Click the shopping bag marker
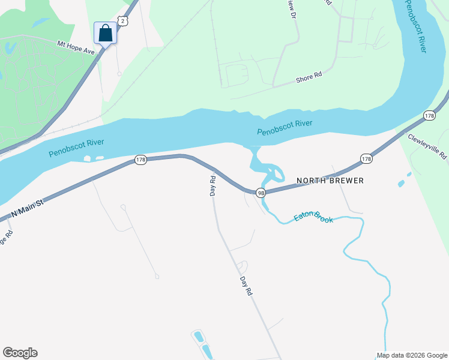point(105,33)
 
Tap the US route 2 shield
point(122,21)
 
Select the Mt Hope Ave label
point(76,47)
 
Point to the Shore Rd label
point(309,77)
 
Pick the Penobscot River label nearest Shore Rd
point(285,127)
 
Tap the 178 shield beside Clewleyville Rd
point(429,115)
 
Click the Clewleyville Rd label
point(428,146)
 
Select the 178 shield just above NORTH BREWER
point(367,158)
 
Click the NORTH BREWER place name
point(330,180)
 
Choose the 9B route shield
point(261,193)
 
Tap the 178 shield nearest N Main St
point(140,160)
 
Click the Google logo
point(20,353)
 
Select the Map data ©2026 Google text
point(411,355)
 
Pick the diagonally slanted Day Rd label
point(246,287)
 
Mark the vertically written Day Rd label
point(212,186)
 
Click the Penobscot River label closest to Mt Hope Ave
point(76,147)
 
